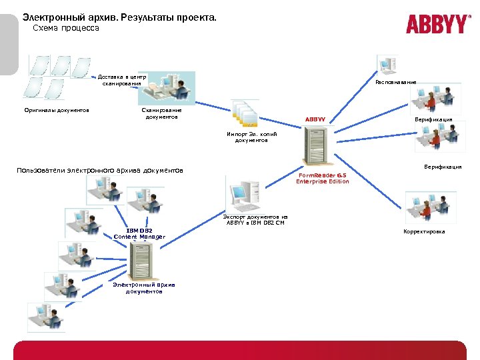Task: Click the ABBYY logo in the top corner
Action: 438,24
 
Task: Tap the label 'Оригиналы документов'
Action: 57,110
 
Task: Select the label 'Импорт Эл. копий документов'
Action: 247,137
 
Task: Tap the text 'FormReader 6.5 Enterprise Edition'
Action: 323,178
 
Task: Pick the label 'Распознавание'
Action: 395,82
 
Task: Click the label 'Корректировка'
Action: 424,231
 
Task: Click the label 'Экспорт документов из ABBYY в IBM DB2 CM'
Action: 255,219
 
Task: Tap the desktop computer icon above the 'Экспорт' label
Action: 243,193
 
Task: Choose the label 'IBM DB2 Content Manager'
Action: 139,233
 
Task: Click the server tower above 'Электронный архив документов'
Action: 142,260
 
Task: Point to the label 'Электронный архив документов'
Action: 144,288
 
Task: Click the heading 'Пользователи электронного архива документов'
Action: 100,170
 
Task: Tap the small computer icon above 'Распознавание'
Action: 387,65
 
